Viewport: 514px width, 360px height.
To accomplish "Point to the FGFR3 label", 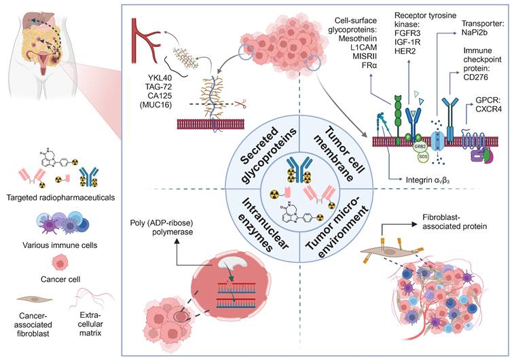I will [x=409, y=31].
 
